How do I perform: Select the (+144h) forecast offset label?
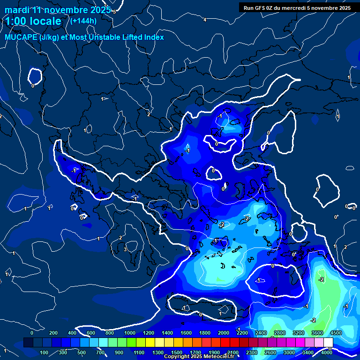click(x=83, y=21)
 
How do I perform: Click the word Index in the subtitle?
click(x=153, y=37)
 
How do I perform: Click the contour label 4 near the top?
click(x=204, y=20)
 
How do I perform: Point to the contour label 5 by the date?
click(x=114, y=12)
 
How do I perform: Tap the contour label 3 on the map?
click(x=125, y=249)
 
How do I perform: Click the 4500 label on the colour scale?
click(x=336, y=333)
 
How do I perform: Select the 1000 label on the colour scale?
click(x=129, y=333)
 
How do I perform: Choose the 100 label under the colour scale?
click(x=44, y=352)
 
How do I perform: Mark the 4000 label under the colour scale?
click(x=327, y=352)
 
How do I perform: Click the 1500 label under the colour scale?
click(x=176, y=352)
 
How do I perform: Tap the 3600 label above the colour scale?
click(x=317, y=333)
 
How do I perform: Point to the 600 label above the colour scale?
click(x=91, y=333)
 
